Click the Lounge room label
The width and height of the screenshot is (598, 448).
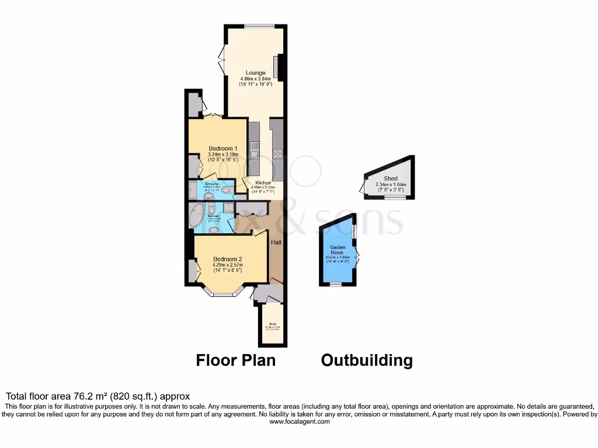point(255,73)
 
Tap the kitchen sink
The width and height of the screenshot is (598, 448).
point(254,150)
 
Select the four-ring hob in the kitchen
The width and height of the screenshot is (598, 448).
point(277,155)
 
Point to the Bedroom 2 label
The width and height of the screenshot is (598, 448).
point(227,259)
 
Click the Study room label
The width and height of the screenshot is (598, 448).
point(272,323)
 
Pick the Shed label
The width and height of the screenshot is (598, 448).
point(391,178)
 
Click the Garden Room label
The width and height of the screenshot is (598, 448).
point(336,249)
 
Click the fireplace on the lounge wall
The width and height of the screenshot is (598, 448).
point(276,67)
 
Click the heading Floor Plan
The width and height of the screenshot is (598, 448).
point(235,360)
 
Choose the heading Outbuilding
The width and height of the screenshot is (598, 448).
point(367,360)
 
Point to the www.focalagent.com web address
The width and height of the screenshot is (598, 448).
point(298,421)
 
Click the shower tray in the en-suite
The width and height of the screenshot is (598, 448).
point(193,189)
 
